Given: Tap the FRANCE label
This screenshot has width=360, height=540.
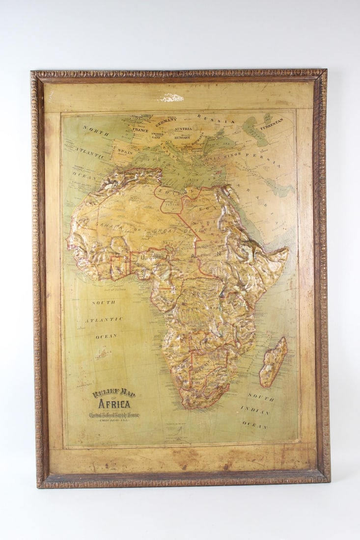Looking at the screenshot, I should tap(140, 130).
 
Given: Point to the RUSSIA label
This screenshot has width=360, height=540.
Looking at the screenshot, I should tap(216, 119).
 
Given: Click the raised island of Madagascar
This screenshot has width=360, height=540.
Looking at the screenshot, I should tap(273, 362).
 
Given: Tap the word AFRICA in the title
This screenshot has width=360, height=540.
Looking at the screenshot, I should tap(114, 404).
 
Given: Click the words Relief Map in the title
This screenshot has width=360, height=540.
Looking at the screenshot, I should tap(114, 393).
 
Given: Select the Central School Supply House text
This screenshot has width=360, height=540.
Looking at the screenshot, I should tap(114, 415).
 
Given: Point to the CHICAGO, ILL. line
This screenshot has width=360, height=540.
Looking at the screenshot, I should tap(114, 421).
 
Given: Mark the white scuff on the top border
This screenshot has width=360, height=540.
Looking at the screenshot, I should tap(170, 98).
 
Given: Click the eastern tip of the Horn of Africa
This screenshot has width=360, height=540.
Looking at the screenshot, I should tap(288, 251).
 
